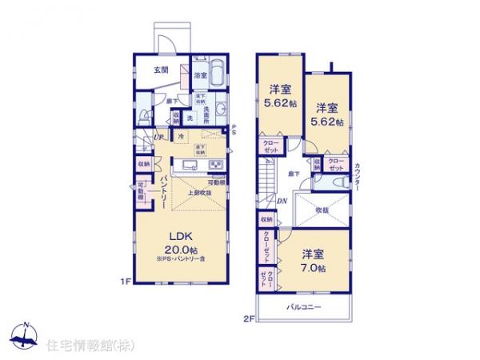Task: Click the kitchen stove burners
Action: tap(216, 166)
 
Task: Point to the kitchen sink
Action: tap(190, 166)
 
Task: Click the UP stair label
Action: tap(158, 137)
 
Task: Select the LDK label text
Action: tap(178, 235)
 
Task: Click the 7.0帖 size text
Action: tap(313, 268)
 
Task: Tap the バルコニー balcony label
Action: tap(306, 308)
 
